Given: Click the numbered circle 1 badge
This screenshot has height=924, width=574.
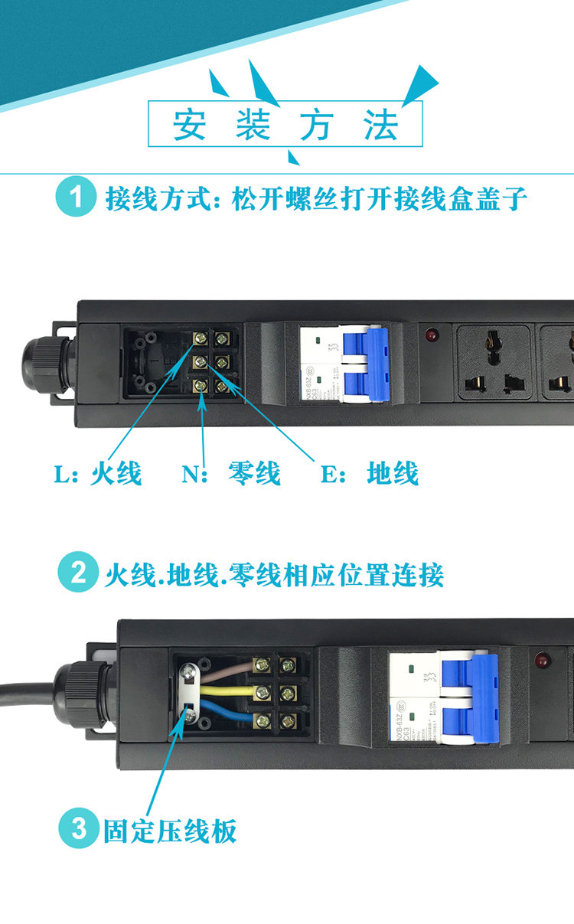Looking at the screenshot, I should click(x=76, y=198).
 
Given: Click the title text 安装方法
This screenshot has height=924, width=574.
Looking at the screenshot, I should click(x=285, y=125).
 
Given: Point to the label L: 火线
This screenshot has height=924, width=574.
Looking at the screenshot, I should click(x=98, y=473).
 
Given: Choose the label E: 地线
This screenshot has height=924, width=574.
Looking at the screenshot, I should click(x=370, y=473).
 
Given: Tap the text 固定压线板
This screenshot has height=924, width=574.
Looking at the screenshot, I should click(x=170, y=830).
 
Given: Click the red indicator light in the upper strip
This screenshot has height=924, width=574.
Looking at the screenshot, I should click(x=432, y=335).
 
